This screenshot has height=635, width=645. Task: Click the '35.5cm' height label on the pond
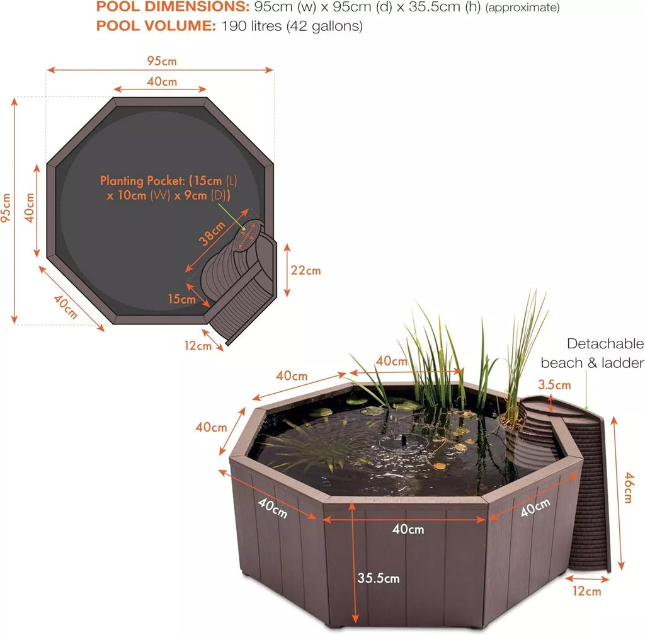tap(379, 577)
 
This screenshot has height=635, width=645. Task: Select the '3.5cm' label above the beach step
tap(554, 385)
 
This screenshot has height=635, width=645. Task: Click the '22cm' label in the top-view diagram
tap(305, 270)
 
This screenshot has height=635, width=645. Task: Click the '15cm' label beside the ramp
tap(182, 299)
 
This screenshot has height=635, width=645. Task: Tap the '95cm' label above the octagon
tap(162, 61)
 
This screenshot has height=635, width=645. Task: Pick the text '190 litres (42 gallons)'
tap(292, 26)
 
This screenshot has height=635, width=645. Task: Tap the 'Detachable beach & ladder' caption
tap(592, 353)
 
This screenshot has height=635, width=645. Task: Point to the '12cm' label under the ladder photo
tap(586, 591)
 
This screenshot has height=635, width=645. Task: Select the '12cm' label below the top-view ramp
tap(198, 345)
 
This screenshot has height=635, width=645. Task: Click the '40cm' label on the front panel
tap(408, 529)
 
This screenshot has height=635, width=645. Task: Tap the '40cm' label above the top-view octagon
tap(162, 82)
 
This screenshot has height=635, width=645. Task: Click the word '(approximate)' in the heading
tap(522, 8)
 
